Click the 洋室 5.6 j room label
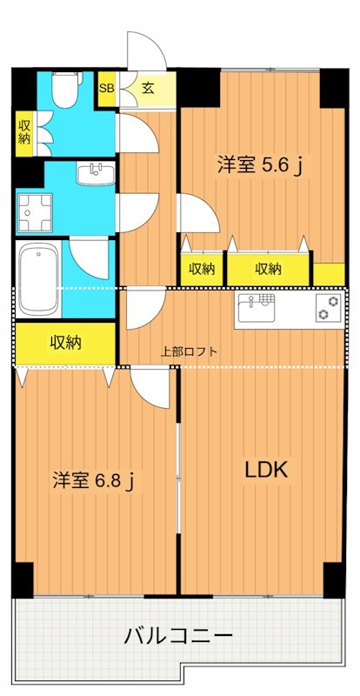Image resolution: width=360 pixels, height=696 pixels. tap(258, 165)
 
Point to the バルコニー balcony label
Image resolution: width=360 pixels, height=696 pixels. tap(181, 636)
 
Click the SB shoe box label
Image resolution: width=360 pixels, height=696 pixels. tap(106, 88)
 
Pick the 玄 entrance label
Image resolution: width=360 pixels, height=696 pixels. tap(149, 88)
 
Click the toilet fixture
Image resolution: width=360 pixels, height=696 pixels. tap(63, 91)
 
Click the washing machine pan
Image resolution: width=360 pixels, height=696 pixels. tap(37, 212)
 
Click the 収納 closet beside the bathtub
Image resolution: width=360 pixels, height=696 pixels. tap(65, 343)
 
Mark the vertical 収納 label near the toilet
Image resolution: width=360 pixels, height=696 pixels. tap(23, 132)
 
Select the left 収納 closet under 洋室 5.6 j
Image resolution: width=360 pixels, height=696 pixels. tap(202, 269)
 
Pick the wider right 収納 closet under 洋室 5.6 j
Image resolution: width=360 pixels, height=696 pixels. tap(268, 269)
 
